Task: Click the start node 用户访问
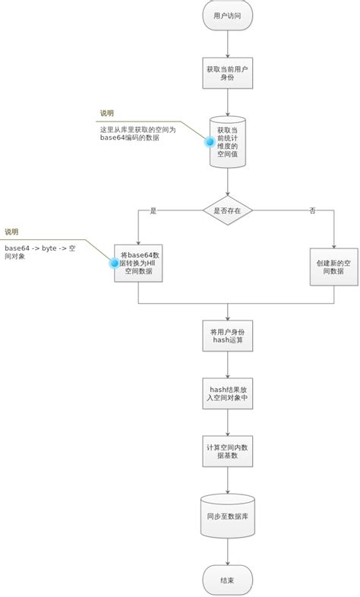click(227, 15)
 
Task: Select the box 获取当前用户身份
click(227, 74)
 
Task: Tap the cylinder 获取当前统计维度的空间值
click(228, 143)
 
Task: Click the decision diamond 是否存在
click(227, 210)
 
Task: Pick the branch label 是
click(153, 210)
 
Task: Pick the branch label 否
click(312, 210)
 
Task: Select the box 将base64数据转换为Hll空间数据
click(139, 263)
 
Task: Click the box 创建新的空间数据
click(333, 267)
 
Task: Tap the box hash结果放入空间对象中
click(227, 392)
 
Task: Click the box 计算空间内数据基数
click(227, 451)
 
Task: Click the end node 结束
click(227, 580)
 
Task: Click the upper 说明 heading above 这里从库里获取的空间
click(107, 113)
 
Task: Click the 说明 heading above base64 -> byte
click(11, 232)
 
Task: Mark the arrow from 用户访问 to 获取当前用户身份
click(227, 43)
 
